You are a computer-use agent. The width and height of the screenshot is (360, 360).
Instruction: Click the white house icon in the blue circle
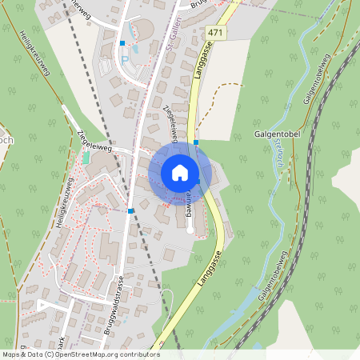click(x=179, y=173)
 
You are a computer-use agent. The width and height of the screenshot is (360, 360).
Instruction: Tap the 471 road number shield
click(x=214, y=32)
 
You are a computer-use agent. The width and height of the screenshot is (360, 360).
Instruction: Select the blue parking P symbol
click(x=124, y=60)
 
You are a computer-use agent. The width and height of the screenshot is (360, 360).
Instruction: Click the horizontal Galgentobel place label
click(x=276, y=134)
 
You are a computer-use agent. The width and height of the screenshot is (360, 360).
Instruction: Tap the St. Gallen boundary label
click(x=170, y=33)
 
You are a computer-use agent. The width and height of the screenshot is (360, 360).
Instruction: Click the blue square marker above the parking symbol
click(x=122, y=43)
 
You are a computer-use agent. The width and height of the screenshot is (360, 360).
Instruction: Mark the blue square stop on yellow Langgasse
click(x=195, y=142)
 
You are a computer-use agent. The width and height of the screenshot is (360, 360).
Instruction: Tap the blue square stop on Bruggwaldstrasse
click(x=130, y=211)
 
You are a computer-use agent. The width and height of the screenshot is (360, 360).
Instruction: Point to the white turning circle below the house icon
click(x=190, y=230)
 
